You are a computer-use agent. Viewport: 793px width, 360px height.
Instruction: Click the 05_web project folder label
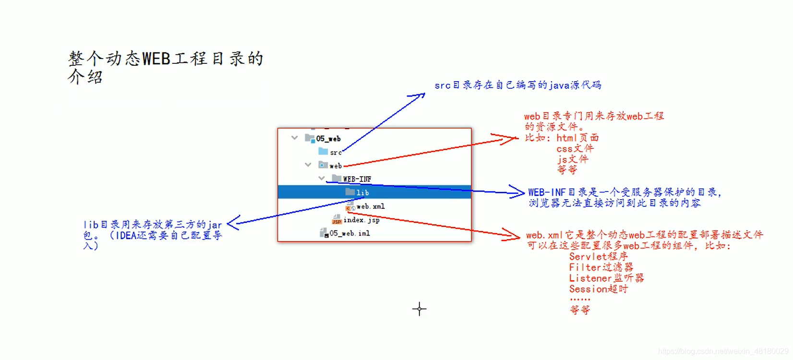pos(328,139)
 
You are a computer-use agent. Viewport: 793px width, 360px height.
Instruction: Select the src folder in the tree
pos(336,152)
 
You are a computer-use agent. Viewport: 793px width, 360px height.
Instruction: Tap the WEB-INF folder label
pos(357,179)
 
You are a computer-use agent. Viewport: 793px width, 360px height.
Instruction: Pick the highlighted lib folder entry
pos(362,192)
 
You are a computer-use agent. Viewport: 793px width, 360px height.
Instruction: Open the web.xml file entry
pos(370,206)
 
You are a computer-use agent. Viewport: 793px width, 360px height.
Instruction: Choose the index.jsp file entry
pos(361,220)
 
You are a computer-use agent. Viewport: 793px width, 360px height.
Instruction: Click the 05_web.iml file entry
pos(349,233)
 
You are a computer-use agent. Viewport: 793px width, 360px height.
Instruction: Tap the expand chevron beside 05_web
pos(295,138)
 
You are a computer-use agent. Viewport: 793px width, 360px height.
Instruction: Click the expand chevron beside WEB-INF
pos(322,178)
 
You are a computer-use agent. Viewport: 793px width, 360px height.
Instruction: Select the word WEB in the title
pos(156,59)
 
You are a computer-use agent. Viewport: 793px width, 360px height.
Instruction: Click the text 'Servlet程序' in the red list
pos(598,256)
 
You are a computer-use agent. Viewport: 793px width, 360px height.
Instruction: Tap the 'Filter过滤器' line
pos(601,267)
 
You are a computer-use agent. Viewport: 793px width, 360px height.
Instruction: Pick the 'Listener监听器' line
pos(606,278)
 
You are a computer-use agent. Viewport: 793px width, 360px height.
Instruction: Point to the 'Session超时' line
pos(598,289)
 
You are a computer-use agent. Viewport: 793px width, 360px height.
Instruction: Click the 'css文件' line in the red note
pos(575,149)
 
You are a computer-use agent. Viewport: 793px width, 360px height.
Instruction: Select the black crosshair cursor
pos(419,309)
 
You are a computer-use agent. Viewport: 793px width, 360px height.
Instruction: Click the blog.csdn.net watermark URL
pos(724,352)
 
